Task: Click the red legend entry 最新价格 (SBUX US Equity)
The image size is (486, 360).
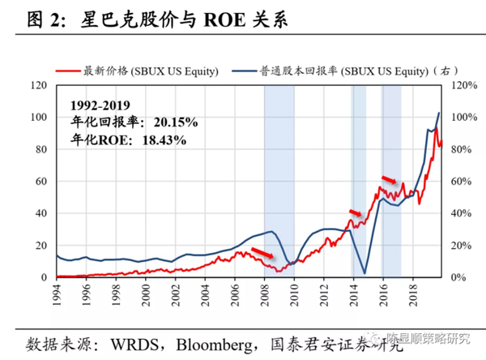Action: (151, 71)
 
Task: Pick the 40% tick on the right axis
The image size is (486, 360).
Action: (458, 213)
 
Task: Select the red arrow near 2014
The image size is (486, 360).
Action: (356, 213)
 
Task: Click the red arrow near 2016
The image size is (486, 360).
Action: (389, 180)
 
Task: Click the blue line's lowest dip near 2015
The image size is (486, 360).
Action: (365, 273)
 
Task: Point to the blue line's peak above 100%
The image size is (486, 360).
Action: (439, 113)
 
